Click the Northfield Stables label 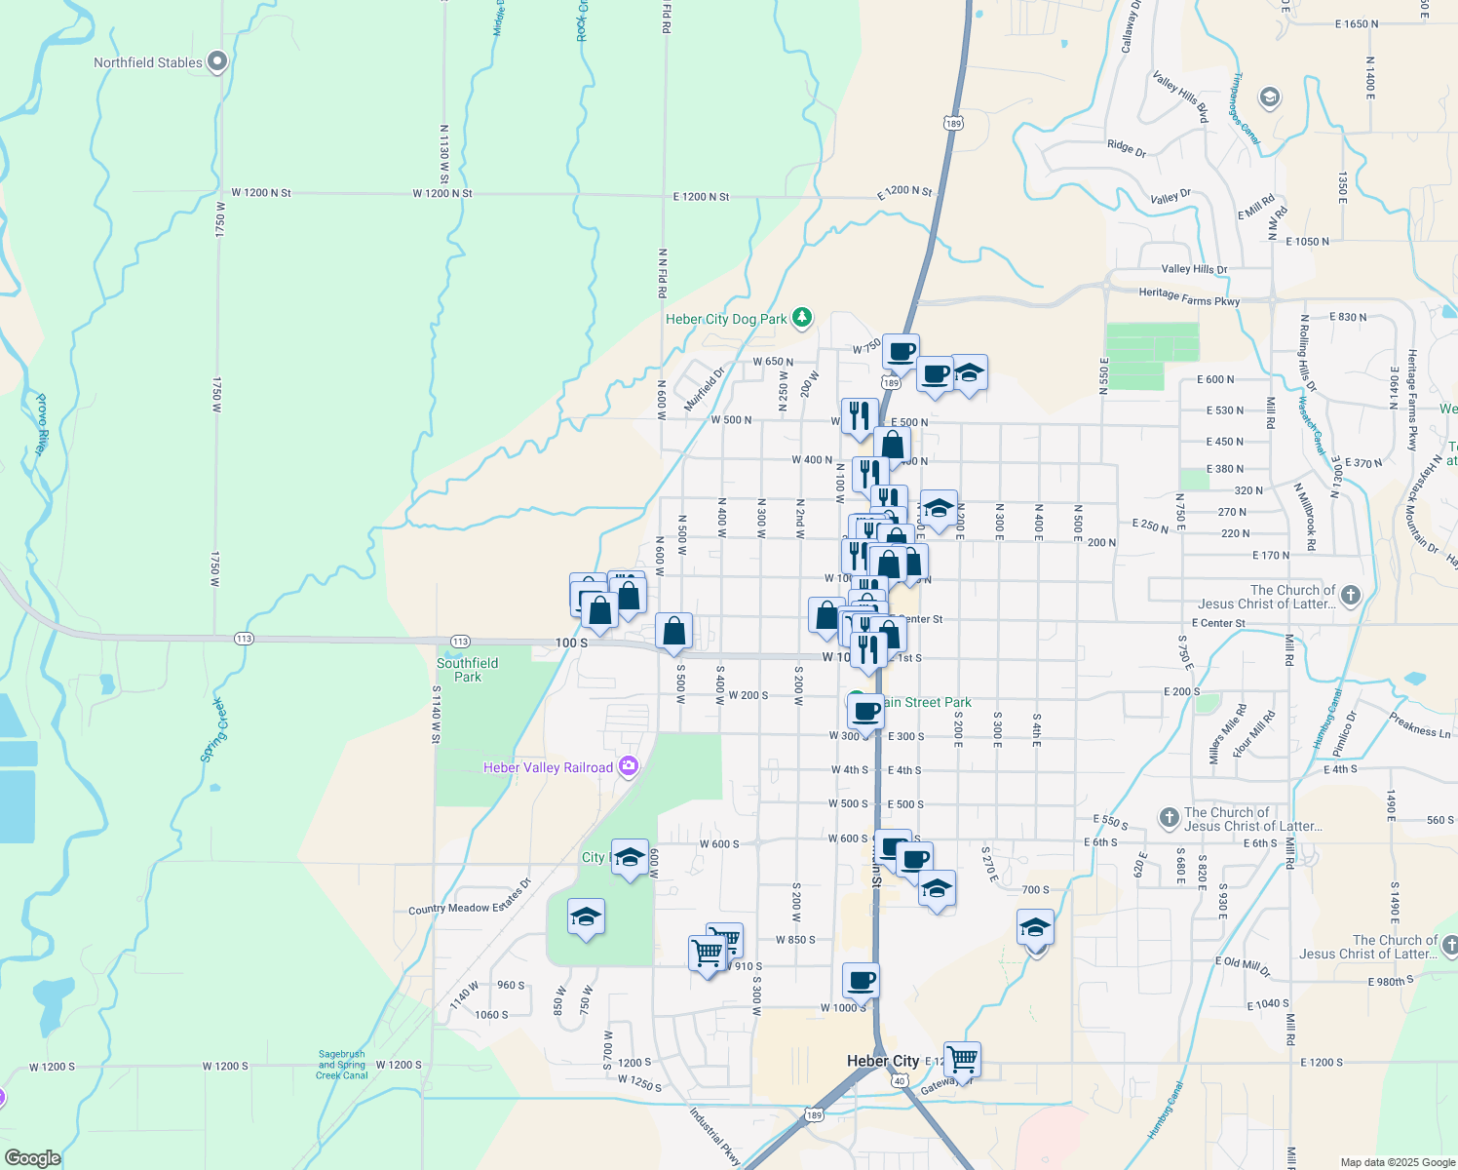(148, 62)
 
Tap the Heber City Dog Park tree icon (802, 317)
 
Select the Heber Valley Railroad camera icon (629, 766)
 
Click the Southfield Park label (468, 670)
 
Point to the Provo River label (41, 424)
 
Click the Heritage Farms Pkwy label (1189, 297)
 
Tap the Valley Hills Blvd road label (1180, 96)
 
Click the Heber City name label (883, 1061)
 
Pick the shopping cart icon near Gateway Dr (962, 1058)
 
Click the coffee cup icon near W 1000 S (862, 980)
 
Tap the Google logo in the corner (32, 1158)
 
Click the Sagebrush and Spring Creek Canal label (342, 1064)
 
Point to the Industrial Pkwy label (715, 1137)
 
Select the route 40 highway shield (900, 1080)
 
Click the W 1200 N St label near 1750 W (261, 193)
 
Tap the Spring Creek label (213, 730)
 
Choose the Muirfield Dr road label (706, 388)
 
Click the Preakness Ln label (1420, 725)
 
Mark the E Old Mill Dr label (1243, 965)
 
